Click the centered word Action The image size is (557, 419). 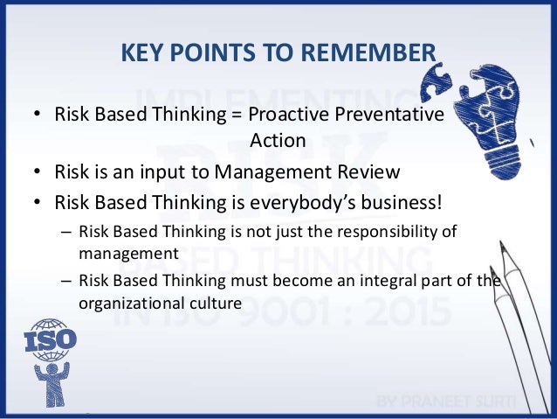278,140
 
